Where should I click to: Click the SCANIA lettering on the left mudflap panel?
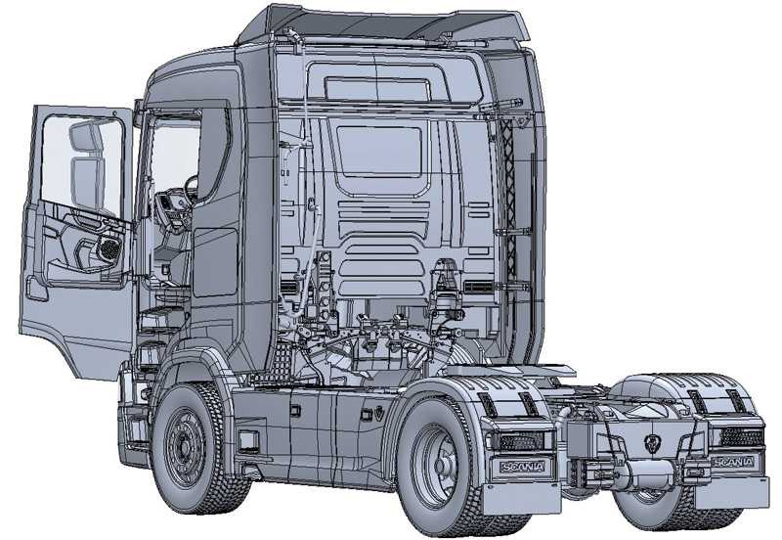pos(523,468)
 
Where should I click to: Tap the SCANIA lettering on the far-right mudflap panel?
pos(733,462)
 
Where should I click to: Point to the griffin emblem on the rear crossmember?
pos(651,443)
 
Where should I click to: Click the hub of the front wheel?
pos(185,444)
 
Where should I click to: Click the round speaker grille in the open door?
pos(109,248)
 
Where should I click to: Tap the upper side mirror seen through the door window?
pos(87,136)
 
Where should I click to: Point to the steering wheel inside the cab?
pos(191,189)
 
